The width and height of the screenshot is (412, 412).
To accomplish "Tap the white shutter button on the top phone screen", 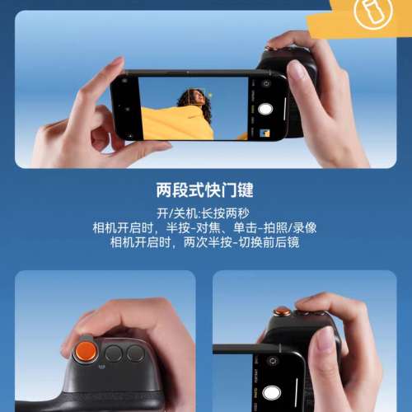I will (266, 109).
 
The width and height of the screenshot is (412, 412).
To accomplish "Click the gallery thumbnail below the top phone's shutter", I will (266, 132).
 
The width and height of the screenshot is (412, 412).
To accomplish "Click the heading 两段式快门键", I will (205, 190).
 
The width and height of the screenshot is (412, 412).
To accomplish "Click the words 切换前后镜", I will (271, 242).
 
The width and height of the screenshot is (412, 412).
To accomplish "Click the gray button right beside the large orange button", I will (114, 355).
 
